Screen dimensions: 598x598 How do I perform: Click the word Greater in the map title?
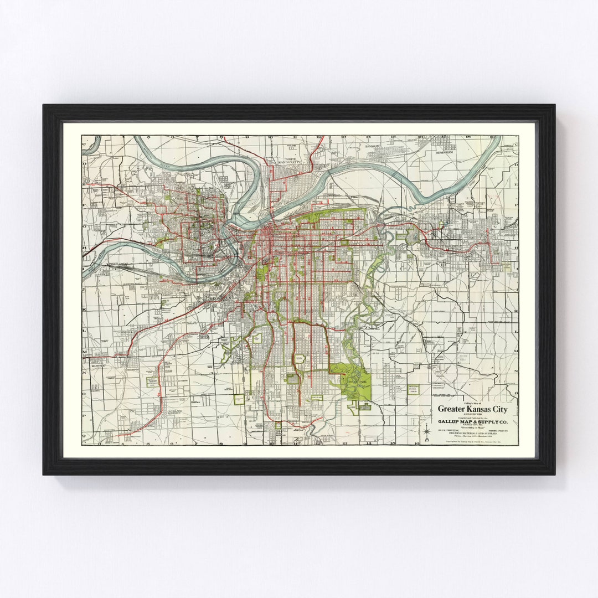[452, 409]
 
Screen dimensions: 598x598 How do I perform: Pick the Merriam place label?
[133, 369]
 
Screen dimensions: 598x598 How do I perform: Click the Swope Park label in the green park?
[352, 384]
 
